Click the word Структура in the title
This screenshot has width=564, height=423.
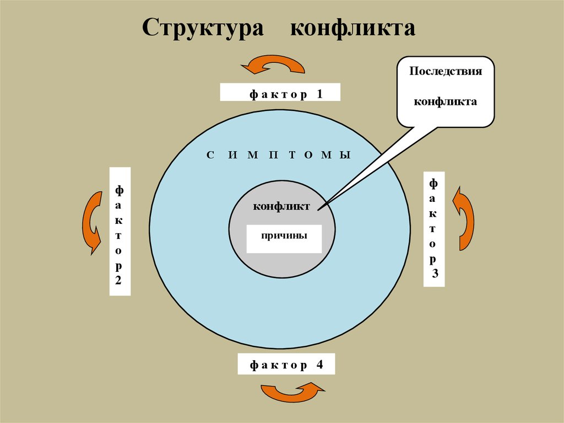click(202, 29)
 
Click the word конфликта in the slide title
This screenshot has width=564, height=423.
click(352, 29)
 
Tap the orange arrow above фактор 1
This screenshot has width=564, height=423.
click(273, 66)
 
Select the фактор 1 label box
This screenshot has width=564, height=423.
click(280, 92)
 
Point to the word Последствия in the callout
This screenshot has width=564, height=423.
click(446, 72)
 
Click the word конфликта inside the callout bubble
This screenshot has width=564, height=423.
click(445, 101)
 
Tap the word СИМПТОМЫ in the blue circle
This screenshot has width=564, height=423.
click(279, 155)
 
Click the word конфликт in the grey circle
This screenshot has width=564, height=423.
click(281, 206)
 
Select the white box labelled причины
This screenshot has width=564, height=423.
click(284, 238)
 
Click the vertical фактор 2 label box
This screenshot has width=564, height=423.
click(120, 231)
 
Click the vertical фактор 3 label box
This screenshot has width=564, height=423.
click(434, 229)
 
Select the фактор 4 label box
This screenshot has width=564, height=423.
click(286, 365)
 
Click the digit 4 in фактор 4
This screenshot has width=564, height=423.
click(319, 365)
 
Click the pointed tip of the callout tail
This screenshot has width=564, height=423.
click(318, 207)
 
